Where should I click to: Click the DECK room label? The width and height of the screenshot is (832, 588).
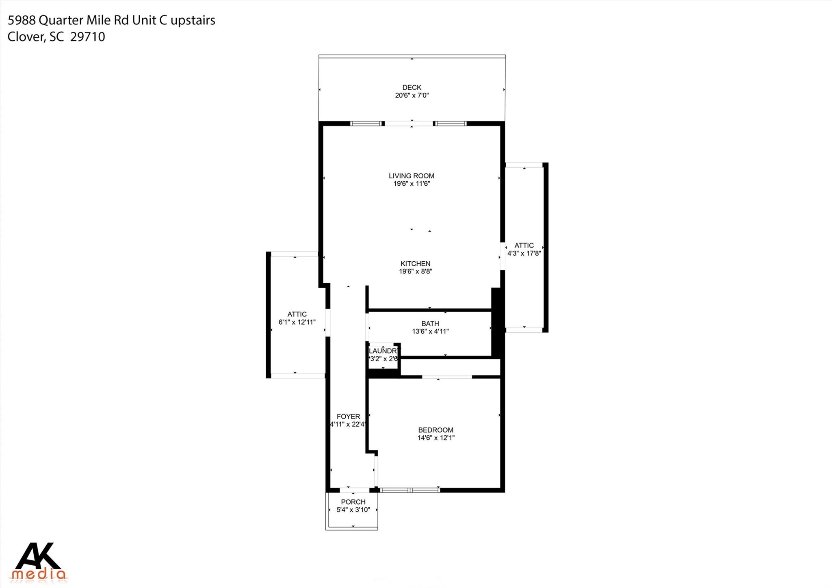tap(412, 87)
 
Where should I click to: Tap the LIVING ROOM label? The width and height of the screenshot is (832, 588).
tap(411, 176)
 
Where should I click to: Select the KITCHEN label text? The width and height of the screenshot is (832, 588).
tap(415, 264)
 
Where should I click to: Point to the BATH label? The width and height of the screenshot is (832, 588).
tap(430, 324)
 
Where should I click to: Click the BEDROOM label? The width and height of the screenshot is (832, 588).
tap(435, 430)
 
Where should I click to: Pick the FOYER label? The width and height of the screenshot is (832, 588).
tap(348, 417)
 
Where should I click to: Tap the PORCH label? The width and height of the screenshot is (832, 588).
tap(353, 502)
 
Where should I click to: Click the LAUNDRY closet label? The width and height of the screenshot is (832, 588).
tap(383, 351)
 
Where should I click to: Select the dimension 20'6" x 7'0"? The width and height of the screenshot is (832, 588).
tap(412, 95)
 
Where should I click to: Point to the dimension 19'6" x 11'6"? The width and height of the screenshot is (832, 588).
tap(411, 184)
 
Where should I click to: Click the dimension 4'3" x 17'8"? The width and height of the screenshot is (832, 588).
tap(524, 253)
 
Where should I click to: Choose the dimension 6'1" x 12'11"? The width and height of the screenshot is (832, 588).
tap(297, 322)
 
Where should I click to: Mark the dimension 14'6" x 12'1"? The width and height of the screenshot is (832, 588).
tap(435, 438)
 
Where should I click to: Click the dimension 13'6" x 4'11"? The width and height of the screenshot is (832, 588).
tap(430, 332)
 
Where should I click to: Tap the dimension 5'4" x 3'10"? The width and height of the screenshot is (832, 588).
tap(353, 510)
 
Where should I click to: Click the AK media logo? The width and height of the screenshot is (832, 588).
tap(39, 561)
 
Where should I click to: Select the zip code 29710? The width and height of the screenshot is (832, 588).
tap(88, 37)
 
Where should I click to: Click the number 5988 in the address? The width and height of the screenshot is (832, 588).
tap(22, 20)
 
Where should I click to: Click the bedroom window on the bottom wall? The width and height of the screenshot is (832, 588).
tap(409, 490)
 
